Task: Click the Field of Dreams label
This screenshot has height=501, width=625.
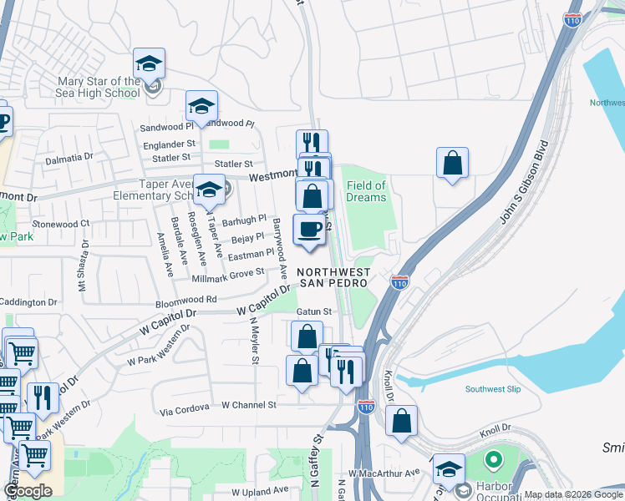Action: point(366,191)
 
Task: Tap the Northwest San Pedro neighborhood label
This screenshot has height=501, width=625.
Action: point(333,277)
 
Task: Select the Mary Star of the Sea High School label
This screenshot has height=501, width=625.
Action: point(98,87)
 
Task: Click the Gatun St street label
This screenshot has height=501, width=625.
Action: point(314,311)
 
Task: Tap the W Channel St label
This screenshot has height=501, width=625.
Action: point(248,405)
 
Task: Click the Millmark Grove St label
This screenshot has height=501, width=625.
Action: point(228,273)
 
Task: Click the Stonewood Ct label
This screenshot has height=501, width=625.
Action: point(60,224)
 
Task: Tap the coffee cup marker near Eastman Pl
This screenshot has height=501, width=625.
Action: point(309,230)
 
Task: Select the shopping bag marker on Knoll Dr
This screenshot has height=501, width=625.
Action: point(402,422)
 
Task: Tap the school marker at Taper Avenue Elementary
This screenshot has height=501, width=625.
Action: point(209,189)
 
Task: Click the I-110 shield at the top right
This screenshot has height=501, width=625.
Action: point(572,20)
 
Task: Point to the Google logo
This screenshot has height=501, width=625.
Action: point(28,491)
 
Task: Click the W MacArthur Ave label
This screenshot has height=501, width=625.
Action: point(384,473)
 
